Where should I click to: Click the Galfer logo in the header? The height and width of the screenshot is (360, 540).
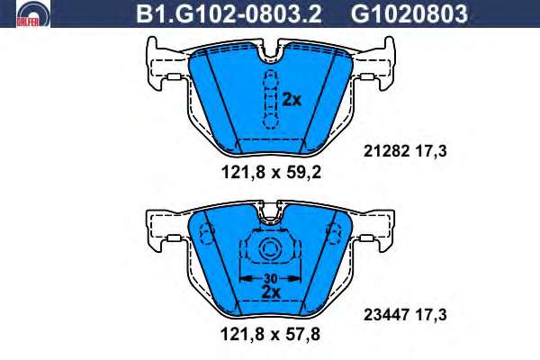click(33, 13)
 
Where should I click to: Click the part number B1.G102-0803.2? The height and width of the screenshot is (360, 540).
click(229, 14)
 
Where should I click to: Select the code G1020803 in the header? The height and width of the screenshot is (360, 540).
click(409, 14)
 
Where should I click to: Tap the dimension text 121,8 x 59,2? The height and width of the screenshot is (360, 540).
click(271, 172)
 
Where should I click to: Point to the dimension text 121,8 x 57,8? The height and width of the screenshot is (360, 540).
click(270, 334)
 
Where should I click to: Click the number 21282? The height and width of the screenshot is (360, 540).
click(386, 151)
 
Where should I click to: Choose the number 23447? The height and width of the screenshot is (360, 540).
click(386, 314)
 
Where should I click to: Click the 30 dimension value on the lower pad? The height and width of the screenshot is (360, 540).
click(271, 278)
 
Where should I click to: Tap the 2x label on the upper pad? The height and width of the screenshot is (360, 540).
click(292, 100)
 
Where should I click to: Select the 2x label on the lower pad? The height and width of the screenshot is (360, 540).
click(271, 292)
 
